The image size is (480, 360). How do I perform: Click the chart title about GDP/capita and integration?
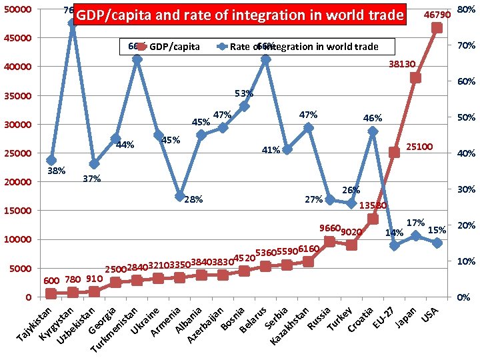[240, 15]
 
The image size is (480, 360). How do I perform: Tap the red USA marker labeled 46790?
[437, 27]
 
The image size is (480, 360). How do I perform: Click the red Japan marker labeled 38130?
[415, 78]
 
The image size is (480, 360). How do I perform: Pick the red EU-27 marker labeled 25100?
[394, 152]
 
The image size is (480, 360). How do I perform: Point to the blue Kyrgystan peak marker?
[73, 23]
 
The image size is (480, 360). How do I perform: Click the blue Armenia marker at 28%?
[180, 196]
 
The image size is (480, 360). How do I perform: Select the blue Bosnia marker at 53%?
[244, 106]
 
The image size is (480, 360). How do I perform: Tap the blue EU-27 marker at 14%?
[394, 245]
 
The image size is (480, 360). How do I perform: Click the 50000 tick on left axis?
[18, 10]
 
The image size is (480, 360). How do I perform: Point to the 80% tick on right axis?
[465, 10]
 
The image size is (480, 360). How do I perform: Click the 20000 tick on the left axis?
[18, 182]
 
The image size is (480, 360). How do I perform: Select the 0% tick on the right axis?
[462, 297]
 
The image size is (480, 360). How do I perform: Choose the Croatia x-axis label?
[360, 321]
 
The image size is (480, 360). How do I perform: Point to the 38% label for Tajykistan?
[56, 171]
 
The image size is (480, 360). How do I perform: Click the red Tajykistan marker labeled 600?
[51, 293]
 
